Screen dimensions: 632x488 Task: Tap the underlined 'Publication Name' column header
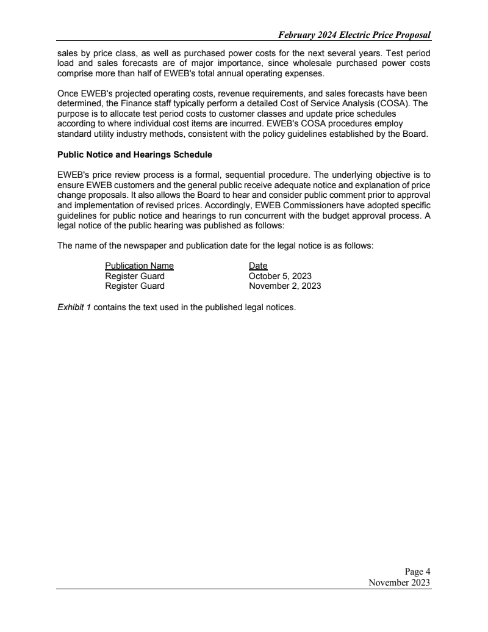(139, 266)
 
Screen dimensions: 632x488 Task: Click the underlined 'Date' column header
(258, 266)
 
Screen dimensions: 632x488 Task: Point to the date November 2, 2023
(285, 286)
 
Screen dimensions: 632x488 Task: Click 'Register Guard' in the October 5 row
(134, 276)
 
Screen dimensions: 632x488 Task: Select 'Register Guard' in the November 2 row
(134, 286)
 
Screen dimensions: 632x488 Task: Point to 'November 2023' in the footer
(400, 583)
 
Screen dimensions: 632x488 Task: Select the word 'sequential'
(253, 175)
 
